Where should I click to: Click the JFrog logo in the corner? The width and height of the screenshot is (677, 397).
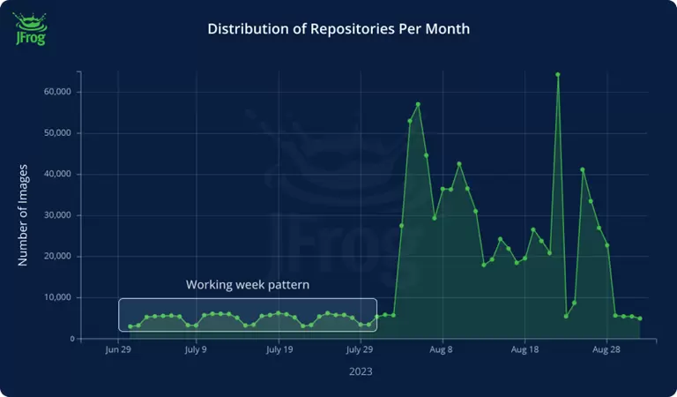pos(30,29)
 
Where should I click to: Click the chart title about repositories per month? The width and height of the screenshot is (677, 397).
pos(338,29)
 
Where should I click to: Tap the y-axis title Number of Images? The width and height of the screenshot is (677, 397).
pos(24,214)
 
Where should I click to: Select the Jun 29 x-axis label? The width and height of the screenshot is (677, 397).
pos(118,350)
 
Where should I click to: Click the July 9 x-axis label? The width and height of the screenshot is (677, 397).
pos(196,350)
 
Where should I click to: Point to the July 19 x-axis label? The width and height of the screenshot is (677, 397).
pos(279,350)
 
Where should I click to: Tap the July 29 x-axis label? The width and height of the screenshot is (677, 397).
pos(360,350)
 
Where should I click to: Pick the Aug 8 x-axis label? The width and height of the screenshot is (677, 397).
pos(442,350)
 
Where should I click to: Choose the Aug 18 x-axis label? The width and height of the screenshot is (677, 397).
pos(524,350)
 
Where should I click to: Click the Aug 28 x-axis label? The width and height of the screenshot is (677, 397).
pos(606,350)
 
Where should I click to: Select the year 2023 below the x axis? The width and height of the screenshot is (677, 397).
pos(360,371)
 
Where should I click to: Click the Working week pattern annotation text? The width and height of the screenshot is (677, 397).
pos(248,286)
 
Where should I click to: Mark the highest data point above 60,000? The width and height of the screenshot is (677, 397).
pos(558,74)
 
